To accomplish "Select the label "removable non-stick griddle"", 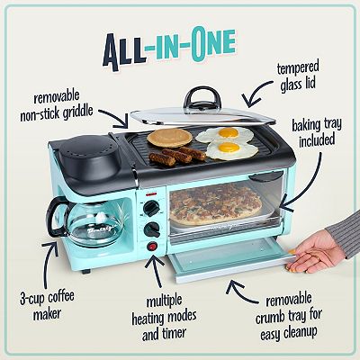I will pyautogui.click(x=63, y=104).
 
